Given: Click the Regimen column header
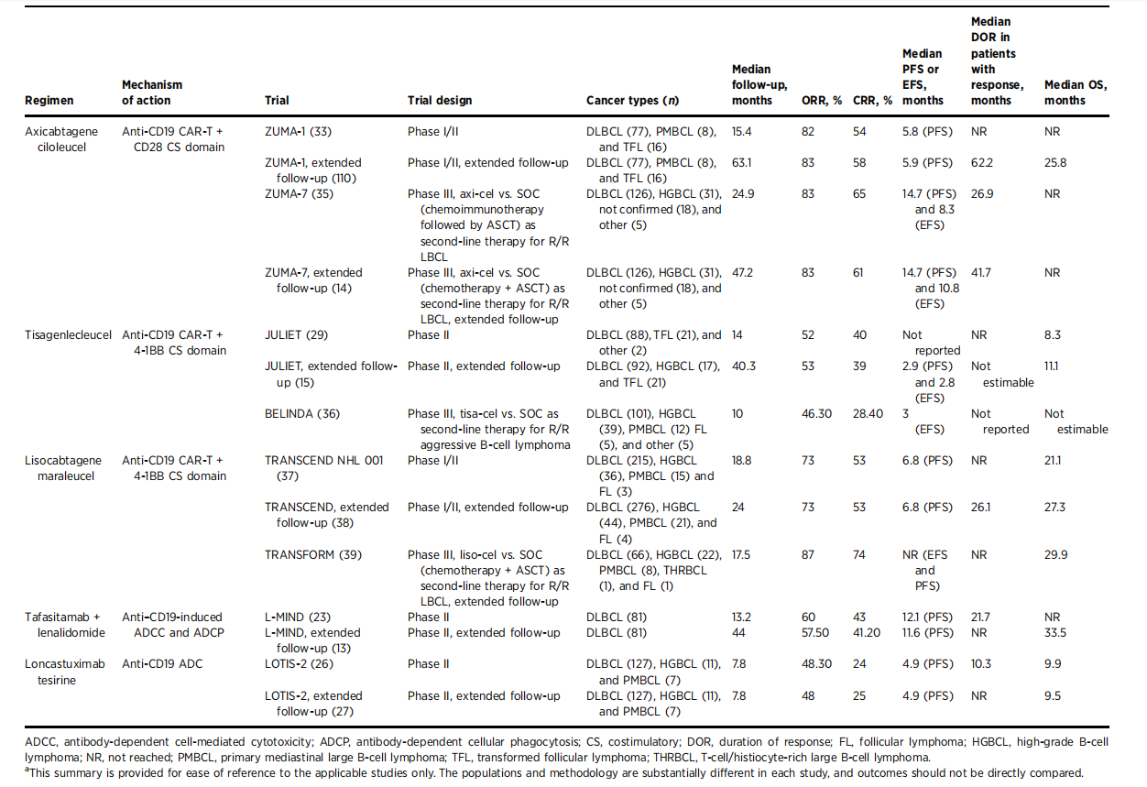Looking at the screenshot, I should click(x=49, y=101).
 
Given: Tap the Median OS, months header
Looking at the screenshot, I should click(x=1075, y=93).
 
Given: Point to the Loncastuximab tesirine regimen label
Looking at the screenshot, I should click(x=64, y=672).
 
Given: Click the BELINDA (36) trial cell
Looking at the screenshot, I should click(x=301, y=414).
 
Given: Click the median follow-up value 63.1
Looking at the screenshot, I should click(x=742, y=163).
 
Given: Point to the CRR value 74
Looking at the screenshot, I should click(x=859, y=555).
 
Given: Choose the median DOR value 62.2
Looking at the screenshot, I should click(x=983, y=163).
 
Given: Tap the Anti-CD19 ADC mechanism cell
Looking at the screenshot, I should click(x=162, y=664).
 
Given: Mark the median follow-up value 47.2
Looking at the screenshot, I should click(x=743, y=273).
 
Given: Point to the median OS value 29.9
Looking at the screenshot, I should click(x=1055, y=555).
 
